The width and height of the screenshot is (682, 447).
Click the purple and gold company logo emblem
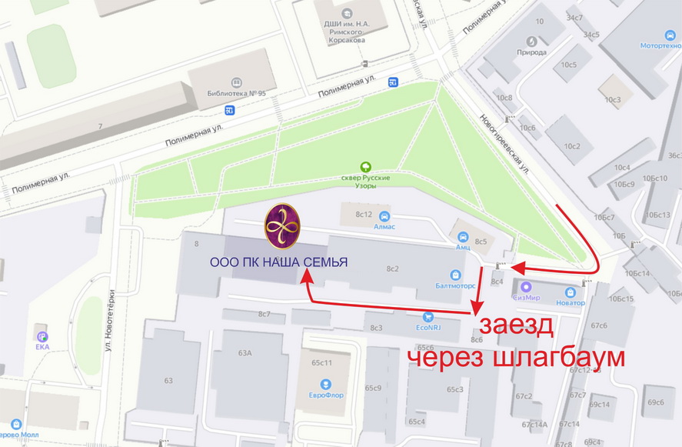282,227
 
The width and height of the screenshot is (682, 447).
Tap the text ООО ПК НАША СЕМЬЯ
279,263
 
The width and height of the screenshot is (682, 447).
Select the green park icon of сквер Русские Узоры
367,166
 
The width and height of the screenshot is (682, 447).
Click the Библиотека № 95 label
236,93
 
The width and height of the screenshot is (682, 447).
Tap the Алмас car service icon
384,216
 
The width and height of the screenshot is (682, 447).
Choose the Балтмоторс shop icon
456,275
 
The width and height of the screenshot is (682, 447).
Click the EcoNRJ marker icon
429,315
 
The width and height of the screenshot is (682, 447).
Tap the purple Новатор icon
570,292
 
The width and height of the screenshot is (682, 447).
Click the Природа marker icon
532,41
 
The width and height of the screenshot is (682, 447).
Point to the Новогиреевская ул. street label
504,143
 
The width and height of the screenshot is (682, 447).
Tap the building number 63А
245,353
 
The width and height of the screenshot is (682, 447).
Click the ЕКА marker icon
42,336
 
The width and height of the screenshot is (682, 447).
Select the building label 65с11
321,362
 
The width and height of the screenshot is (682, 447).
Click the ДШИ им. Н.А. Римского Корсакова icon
347,13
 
